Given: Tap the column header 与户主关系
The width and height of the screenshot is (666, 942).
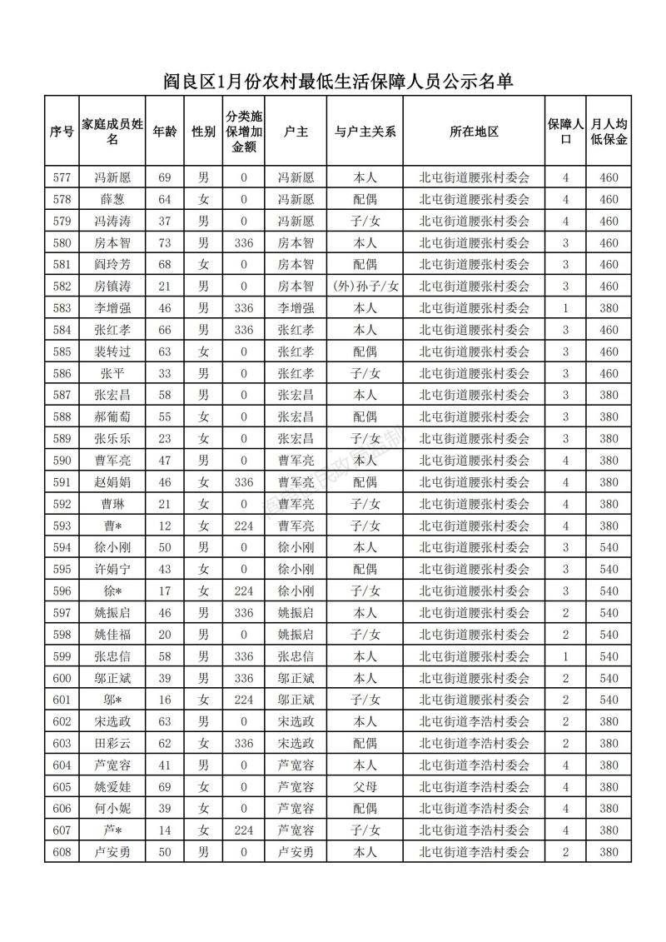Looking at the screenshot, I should [x=365, y=132].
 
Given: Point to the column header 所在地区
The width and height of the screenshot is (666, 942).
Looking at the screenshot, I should [x=474, y=132].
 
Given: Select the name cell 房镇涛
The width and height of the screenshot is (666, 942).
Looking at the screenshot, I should [x=113, y=287].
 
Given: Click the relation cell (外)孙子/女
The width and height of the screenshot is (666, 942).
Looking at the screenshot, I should [x=365, y=287].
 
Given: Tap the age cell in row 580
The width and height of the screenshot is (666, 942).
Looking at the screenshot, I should [x=165, y=243].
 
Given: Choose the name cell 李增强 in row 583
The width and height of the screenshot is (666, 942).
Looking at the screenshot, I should [x=113, y=308].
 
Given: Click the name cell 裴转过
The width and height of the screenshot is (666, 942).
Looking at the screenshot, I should [x=113, y=351].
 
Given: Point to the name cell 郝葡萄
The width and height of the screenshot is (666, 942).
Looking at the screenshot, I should [x=113, y=416].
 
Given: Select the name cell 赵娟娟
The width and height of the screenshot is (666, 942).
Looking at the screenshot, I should [x=113, y=482].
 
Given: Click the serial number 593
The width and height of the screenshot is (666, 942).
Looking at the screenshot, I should [x=62, y=526].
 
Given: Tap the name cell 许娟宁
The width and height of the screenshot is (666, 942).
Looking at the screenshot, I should [x=113, y=569].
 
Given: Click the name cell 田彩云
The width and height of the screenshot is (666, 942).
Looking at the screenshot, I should [x=113, y=743].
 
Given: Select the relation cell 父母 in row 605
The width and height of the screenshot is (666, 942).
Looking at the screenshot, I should [x=365, y=786].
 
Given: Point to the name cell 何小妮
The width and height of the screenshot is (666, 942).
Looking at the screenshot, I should [x=113, y=808].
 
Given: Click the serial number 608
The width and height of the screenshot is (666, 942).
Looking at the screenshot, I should [x=62, y=851].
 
